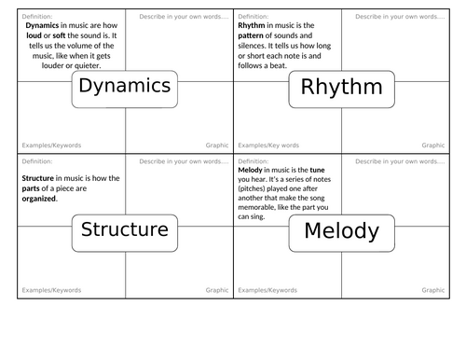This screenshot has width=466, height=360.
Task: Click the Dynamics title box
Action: click(125, 87)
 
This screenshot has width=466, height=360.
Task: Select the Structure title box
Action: click(125, 230)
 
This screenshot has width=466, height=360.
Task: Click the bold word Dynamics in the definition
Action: click(44, 26)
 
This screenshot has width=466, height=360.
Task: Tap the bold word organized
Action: click(38, 198)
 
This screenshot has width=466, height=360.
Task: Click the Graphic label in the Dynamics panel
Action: click(216, 145)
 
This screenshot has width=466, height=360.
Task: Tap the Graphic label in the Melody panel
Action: click(433, 290)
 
